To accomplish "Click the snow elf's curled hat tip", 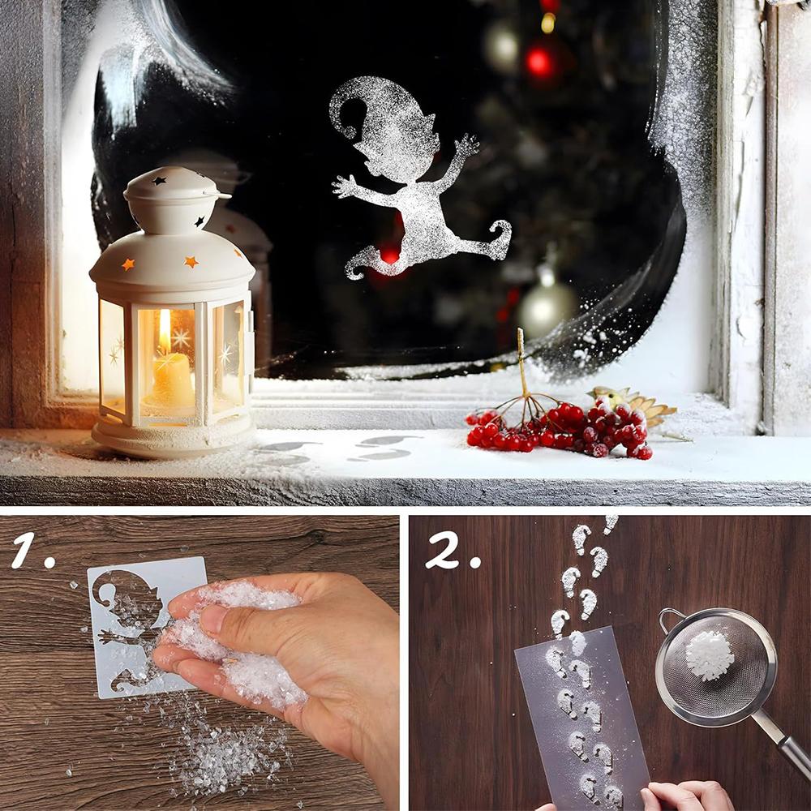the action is [x=346, y=117].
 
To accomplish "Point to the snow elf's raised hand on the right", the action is [x=467, y=144].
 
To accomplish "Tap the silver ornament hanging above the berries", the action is [x=547, y=307].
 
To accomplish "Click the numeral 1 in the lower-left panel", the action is [x=24, y=551].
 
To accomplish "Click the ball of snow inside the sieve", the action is [x=709, y=655].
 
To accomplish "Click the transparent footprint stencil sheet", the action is [x=581, y=719].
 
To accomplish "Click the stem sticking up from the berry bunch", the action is [x=521, y=361].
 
